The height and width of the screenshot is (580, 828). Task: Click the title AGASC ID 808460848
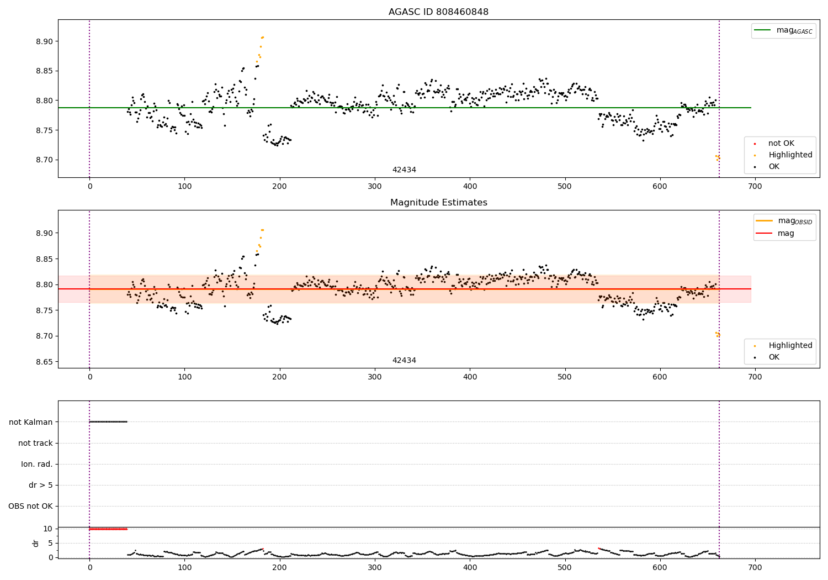click(438, 12)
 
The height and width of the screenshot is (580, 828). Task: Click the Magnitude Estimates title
click(438, 203)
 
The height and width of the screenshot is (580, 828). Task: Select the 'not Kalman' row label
click(31, 422)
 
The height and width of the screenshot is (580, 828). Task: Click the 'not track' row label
click(35, 443)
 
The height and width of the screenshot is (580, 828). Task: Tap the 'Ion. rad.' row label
click(37, 464)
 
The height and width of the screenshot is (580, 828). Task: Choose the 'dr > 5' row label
click(41, 485)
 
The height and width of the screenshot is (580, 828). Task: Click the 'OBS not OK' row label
click(30, 506)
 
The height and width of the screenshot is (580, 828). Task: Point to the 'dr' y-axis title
click(36, 543)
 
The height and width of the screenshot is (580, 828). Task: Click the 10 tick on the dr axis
click(47, 529)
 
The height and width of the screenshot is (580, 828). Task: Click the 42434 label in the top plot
click(404, 170)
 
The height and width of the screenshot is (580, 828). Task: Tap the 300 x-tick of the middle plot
click(375, 377)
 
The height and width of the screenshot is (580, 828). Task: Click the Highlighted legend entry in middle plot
click(790, 346)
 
